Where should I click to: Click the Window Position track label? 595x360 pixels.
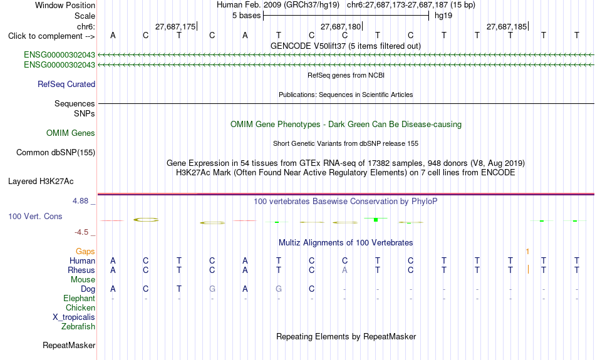pos(65,5)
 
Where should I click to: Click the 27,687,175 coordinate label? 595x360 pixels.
pos(175,26)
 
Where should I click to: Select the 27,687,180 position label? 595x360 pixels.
pos(341,26)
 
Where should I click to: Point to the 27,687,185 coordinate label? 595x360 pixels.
pos(507,26)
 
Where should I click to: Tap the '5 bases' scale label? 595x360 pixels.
pos(247,16)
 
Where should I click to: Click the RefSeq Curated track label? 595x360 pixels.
pos(66,85)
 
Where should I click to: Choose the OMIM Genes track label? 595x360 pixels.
pos(71,133)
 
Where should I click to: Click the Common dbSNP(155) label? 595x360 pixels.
pos(56,153)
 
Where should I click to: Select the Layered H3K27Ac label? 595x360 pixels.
pos(41,182)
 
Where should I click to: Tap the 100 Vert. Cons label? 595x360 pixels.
pos(35,216)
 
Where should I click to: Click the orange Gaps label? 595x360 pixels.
pos(85,252)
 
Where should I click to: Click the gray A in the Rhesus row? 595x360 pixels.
pos(344,270)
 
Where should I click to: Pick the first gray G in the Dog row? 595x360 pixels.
pos(212,289)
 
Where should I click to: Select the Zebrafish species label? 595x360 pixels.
pos(78,327)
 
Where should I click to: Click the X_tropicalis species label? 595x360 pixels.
pos(74,317)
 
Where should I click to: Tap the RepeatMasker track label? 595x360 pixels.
pos(69,345)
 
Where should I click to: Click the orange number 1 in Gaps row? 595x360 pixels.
pos(527,252)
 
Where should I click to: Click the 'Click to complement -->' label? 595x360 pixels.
pos(51,36)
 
